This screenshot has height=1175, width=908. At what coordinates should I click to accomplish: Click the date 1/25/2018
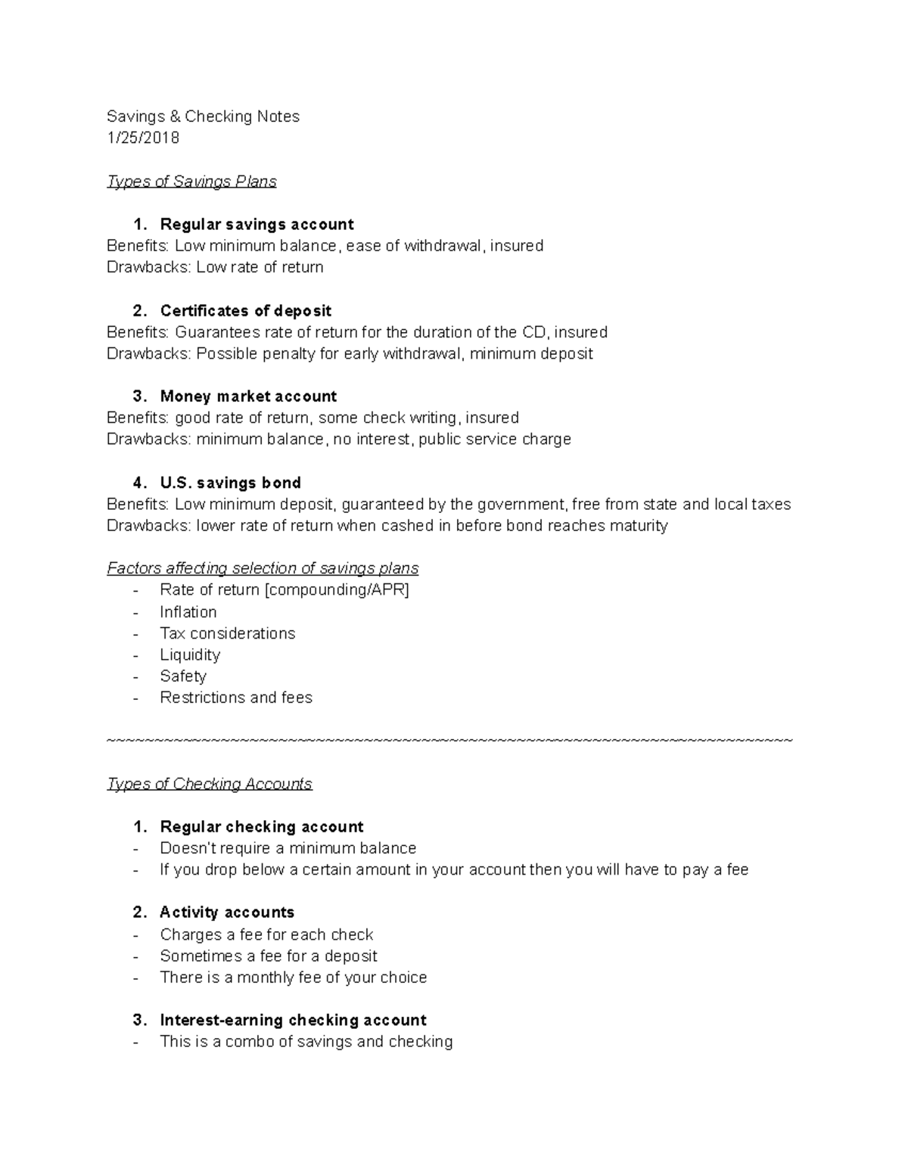pyautogui.click(x=143, y=138)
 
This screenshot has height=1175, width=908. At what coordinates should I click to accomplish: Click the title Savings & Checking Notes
pyautogui.click(x=203, y=117)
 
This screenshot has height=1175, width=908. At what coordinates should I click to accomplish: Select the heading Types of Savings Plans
pyautogui.click(x=191, y=182)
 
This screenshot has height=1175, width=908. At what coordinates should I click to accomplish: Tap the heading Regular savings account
pyautogui.click(x=257, y=225)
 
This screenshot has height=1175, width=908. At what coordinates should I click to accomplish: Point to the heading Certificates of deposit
pyautogui.click(x=245, y=311)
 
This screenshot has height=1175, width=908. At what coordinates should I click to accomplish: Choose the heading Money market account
pyautogui.click(x=248, y=396)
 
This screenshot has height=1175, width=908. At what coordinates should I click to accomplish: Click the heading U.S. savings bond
pyautogui.click(x=230, y=483)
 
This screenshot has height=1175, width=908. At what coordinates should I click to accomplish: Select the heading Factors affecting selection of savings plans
pyautogui.click(x=263, y=568)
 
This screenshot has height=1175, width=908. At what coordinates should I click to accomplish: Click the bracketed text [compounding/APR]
pyautogui.click(x=337, y=590)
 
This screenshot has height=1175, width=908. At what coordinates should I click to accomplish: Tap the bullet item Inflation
pyautogui.click(x=188, y=612)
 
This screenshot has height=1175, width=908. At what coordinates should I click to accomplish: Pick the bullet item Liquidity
pyautogui.click(x=190, y=655)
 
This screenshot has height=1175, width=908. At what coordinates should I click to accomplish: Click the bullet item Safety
pyautogui.click(x=182, y=676)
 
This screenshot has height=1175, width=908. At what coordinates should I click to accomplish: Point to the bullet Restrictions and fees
pyautogui.click(x=235, y=698)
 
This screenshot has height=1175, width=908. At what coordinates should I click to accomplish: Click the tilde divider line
pyautogui.click(x=449, y=740)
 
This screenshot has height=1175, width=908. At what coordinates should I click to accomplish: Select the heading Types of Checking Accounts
pyautogui.click(x=210, y=784)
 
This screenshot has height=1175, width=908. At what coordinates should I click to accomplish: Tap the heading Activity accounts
pyautogui.click(x=227, y=912)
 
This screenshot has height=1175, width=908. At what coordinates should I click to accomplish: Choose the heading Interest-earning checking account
pyautogui.click(x=293, y=1020)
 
